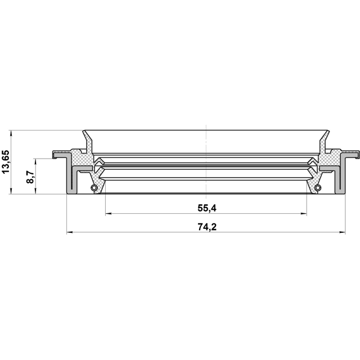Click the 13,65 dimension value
pyautogui.click(x=6, y=162)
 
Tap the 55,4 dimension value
pyautogui.click(x=207, y=208)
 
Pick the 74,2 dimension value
pyautogui.click(x=207, y=227)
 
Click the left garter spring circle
pyautogui.click(x=94, y=187)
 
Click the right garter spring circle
pyautogui.click(x=317, y=187)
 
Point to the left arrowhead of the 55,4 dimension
pyautogui.click(x=108, y=214)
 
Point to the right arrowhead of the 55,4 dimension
pyautogui.click(x=304, y=214)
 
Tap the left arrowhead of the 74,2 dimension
pyautogui.click(x=70, y=232)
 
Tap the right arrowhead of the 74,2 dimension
pyautogui.click(x=343, y=232)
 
